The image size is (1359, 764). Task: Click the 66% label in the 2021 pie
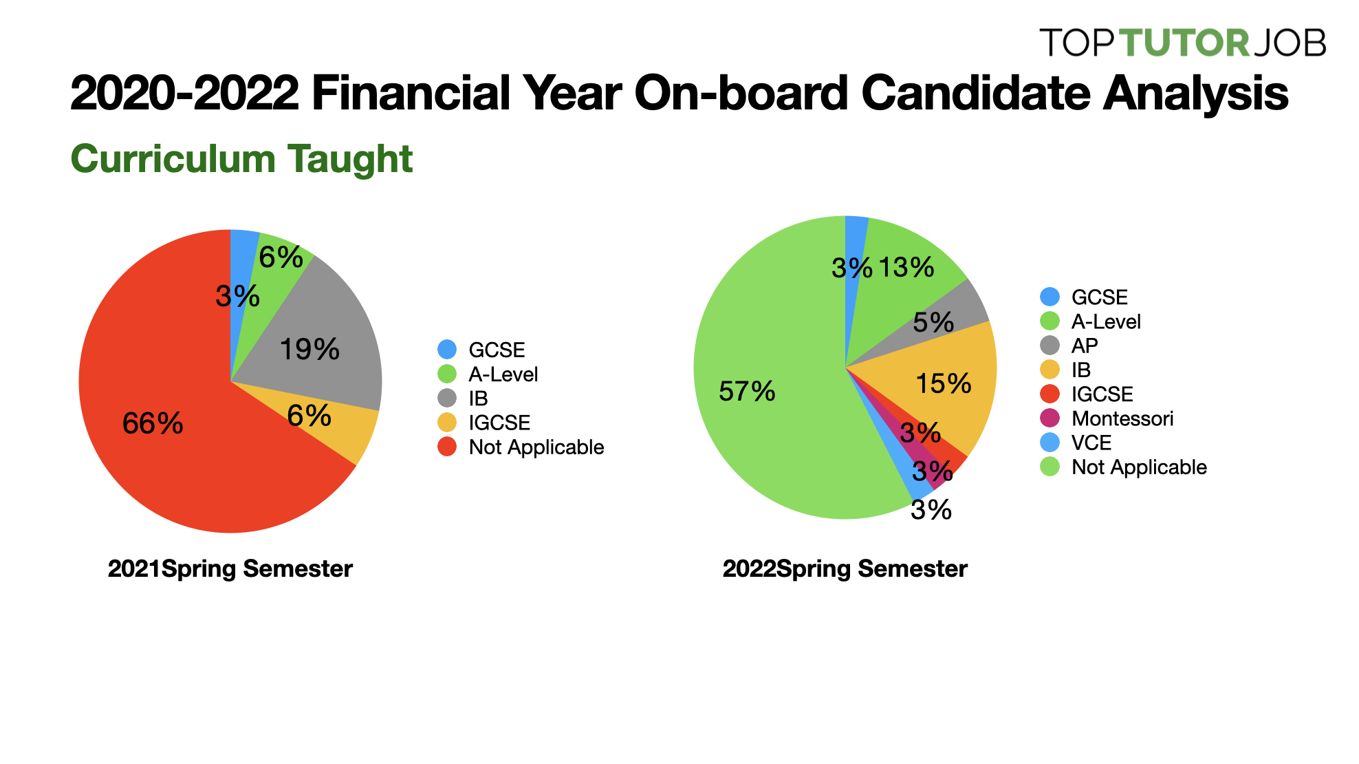[x=153, y=423]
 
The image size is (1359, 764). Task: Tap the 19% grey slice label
[x=309, y=350]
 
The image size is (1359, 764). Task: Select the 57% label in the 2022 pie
[x=747, y=392]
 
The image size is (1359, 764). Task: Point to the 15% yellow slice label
[x=944, y=383]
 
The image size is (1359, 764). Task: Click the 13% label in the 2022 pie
[x=906, y=267]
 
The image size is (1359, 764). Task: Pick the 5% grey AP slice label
[x=933, y=322]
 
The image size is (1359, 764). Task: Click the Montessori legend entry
[x=1122, y=418]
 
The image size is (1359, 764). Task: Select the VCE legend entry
[x=1091, y=443]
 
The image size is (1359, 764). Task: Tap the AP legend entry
[x=1085, y=346]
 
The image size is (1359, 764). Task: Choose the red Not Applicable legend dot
[x=447, y=447]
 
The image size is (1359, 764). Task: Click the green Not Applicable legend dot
[x=1050, y=467]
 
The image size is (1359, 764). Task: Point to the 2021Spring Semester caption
[x=230, y=569]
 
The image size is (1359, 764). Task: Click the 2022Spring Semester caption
[x=845, y=569]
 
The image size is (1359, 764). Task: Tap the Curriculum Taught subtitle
[x=241, y=159]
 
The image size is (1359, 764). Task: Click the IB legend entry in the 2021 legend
[x=478, y=399]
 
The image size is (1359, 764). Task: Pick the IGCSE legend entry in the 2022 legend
[x=1102, y=394]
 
